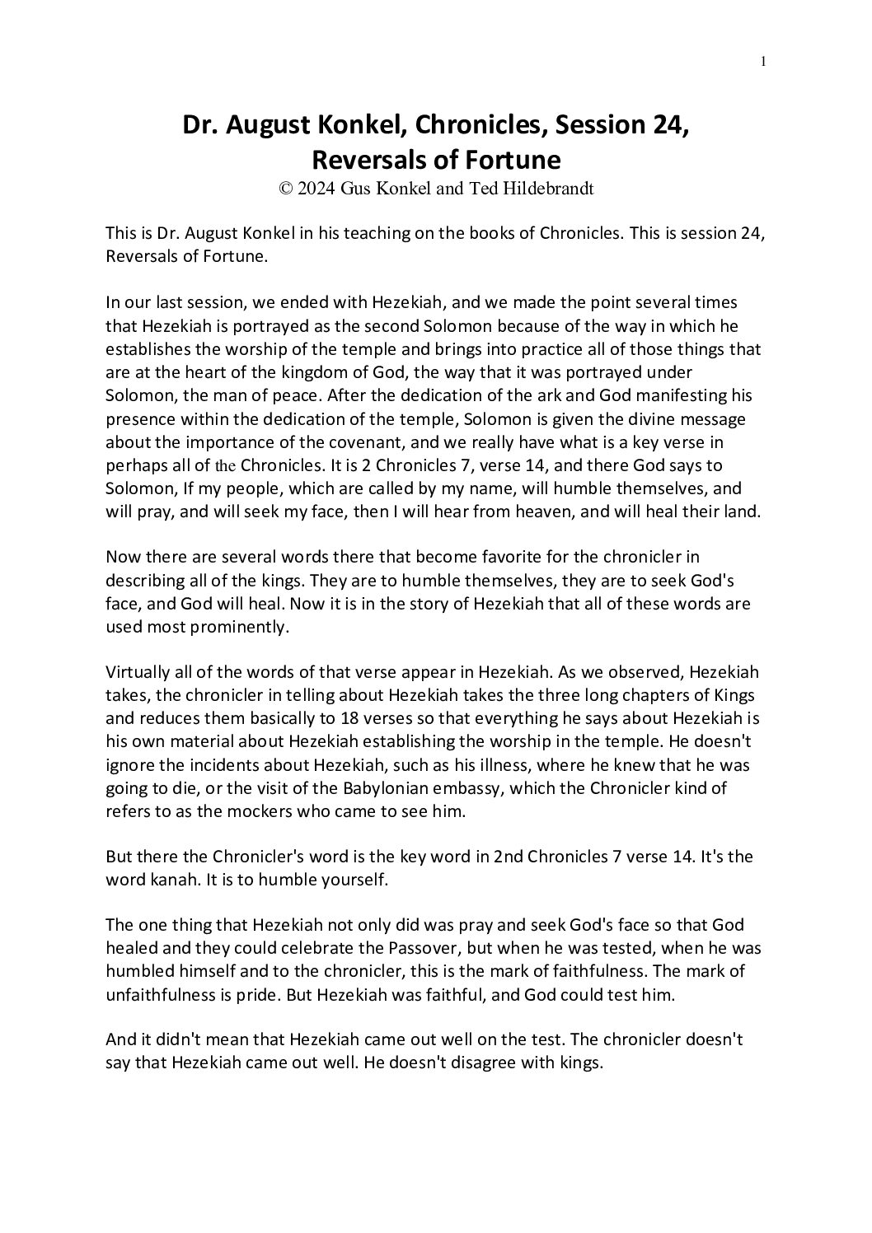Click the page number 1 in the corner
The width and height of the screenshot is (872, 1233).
[x=763, y=61]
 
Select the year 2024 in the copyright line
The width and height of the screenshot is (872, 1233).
[x=316, y=189]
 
